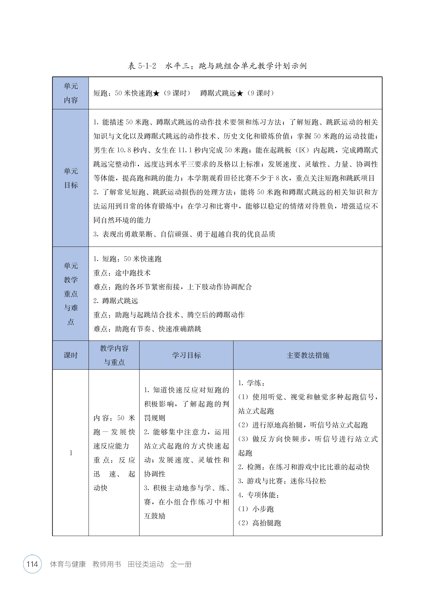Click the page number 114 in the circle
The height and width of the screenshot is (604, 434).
tap(32, 564)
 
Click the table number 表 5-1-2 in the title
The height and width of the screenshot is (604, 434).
tap(142, 66)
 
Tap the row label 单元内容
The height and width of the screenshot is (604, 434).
tap(71, 93)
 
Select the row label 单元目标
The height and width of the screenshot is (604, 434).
tap(71, 178)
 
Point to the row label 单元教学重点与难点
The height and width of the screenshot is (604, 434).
tap(71, 294)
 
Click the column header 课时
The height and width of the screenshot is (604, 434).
tap(71, 355)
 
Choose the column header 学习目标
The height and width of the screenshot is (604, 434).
tap(186, 355)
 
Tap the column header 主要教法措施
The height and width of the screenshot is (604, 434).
tap(308, 355)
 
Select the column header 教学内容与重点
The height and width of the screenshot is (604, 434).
tap(114, 355)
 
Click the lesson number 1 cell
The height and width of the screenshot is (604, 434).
tap(71, 453)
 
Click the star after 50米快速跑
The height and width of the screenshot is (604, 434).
tap(156, 93)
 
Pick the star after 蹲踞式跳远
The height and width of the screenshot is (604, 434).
tap(240, 93)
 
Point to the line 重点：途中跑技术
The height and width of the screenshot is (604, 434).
tap(122, 273)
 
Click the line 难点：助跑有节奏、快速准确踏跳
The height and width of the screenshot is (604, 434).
tap(147, 329)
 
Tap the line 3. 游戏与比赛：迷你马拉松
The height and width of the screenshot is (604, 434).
tap(282, 481)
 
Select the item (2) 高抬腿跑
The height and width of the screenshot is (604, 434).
tap(259, 523)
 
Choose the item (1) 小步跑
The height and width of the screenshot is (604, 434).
tap(256, 509)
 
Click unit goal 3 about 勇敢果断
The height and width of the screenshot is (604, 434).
tap(184, 234)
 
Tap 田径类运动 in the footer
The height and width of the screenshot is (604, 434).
tap(146, 564)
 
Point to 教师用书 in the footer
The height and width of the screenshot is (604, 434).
tap(106, 564)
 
